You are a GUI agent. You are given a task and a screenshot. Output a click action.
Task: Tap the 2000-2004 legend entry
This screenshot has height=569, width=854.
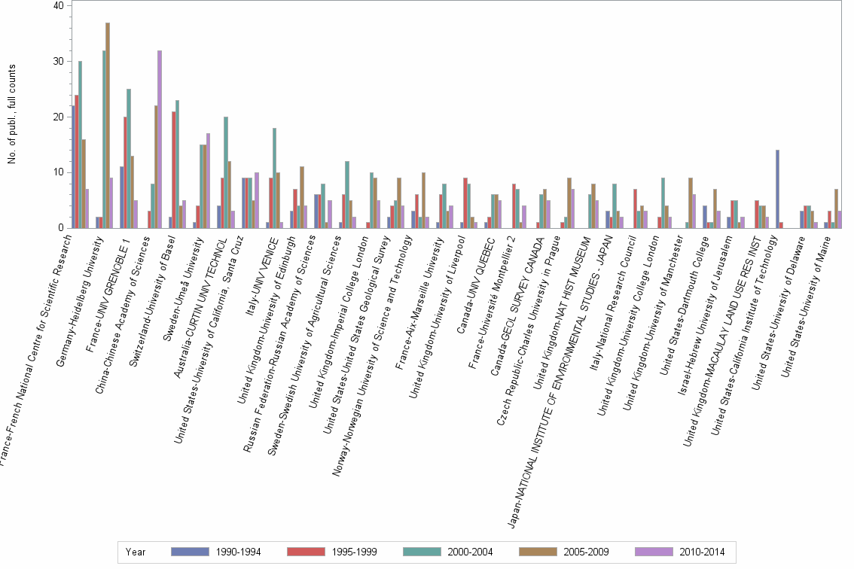click(448, 552)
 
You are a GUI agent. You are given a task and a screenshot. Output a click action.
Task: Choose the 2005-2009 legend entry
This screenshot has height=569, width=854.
click(564, 552)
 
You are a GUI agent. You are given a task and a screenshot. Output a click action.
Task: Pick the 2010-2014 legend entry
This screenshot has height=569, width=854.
click(680, 552)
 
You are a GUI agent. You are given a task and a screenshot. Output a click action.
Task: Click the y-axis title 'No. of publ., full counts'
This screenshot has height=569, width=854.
click(12, 113)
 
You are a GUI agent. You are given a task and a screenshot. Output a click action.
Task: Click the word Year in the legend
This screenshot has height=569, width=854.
click(136, 552)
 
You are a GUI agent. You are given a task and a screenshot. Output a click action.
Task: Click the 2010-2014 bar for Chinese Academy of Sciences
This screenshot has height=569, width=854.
click(160, 139)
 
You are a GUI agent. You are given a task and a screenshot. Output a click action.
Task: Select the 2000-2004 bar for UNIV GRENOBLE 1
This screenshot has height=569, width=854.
click(129, 159)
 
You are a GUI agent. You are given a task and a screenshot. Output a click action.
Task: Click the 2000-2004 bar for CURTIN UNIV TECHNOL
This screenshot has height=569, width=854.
click(226, 172)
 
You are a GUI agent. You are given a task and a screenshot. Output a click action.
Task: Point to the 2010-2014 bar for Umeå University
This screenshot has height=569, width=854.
click(208, 181)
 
